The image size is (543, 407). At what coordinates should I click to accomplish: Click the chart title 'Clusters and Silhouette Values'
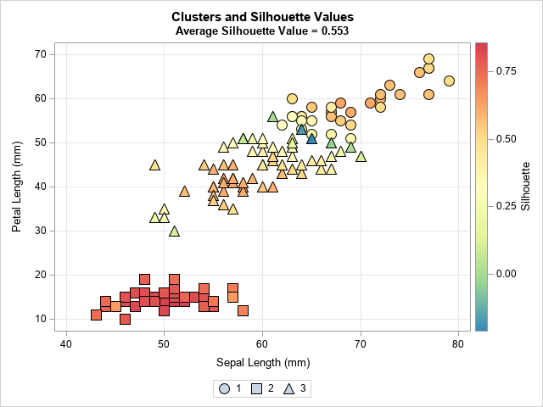pyautogui.click(x=262, y=16)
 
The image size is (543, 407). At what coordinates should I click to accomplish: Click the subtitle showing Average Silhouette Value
pyautogui.click(x=262, y=31)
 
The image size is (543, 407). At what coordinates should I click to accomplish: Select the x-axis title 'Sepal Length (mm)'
pyautogui.click(x=262, y=364)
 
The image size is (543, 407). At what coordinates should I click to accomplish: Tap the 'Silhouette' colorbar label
pyautogui.click(x=525, y=186)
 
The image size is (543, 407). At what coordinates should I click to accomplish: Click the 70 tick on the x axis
pyautogui.click(x=361, y=344)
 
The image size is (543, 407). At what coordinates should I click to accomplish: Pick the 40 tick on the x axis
pyautogui.click(x=66, y=344)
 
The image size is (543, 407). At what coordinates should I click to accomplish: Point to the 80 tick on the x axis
pyautogui.click(x=458, y=344)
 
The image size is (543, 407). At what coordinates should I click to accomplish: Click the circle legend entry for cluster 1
pyautogui.click(x=224, y=388)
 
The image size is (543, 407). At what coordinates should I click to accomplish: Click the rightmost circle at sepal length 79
pyautogui.click(x=449, y=81)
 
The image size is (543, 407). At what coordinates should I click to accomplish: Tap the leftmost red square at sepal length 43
pyautogui.click(x=96, y=315)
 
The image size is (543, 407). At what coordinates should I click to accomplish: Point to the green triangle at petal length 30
pyautogui.click(x=174, y=231)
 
